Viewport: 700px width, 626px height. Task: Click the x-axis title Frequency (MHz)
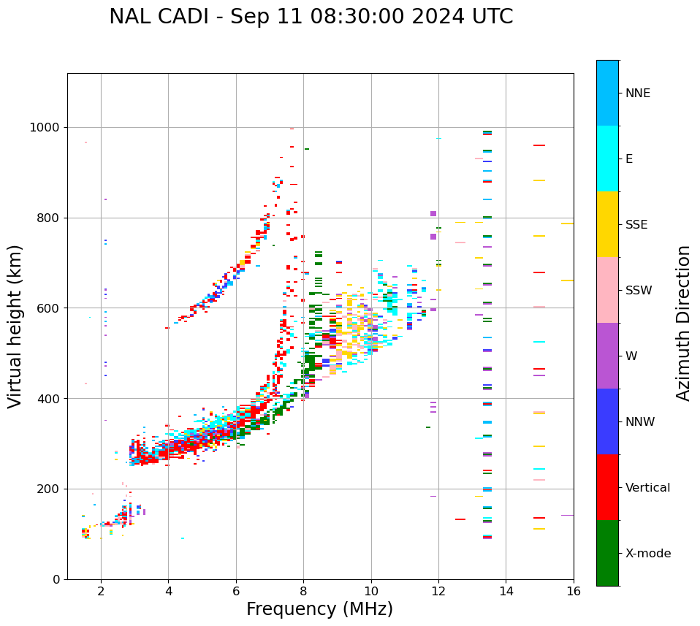pyautogui.click(x=319, y=609)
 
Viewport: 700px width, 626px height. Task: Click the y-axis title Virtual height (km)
pyautogui.click(x=16, y=327)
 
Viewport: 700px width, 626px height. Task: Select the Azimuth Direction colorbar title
pyautogui.click(x=683, y=323)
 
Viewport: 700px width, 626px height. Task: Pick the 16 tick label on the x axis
pyautogui.click(x=574, y=592)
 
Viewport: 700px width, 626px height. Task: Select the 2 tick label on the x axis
pyautogui.click(x=101, y=592)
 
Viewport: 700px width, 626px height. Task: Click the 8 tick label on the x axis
pyautogui.click(x=303, y=592)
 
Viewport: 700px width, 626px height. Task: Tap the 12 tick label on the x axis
pyautogui.click(x=438, y=592)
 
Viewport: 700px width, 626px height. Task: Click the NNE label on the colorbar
pyautogui.click(x=637, y=93)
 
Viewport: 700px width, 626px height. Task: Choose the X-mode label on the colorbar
pyautogui.click(x=647, y=554)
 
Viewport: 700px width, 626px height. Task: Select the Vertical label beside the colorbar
pyautogui.click(x=647, y=488)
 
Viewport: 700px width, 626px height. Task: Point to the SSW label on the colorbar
pyautogui.click(x=638, y=291)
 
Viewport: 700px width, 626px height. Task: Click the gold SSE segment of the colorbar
pyautogui.click(x=607, y=224)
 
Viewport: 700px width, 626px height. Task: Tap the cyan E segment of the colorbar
pyautogui.click(x=607, y=159)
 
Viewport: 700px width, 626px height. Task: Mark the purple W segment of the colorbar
pyautogui.click(x=607, y=356)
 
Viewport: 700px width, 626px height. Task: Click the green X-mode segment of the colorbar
pyautogui.click(x=607, y=553)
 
